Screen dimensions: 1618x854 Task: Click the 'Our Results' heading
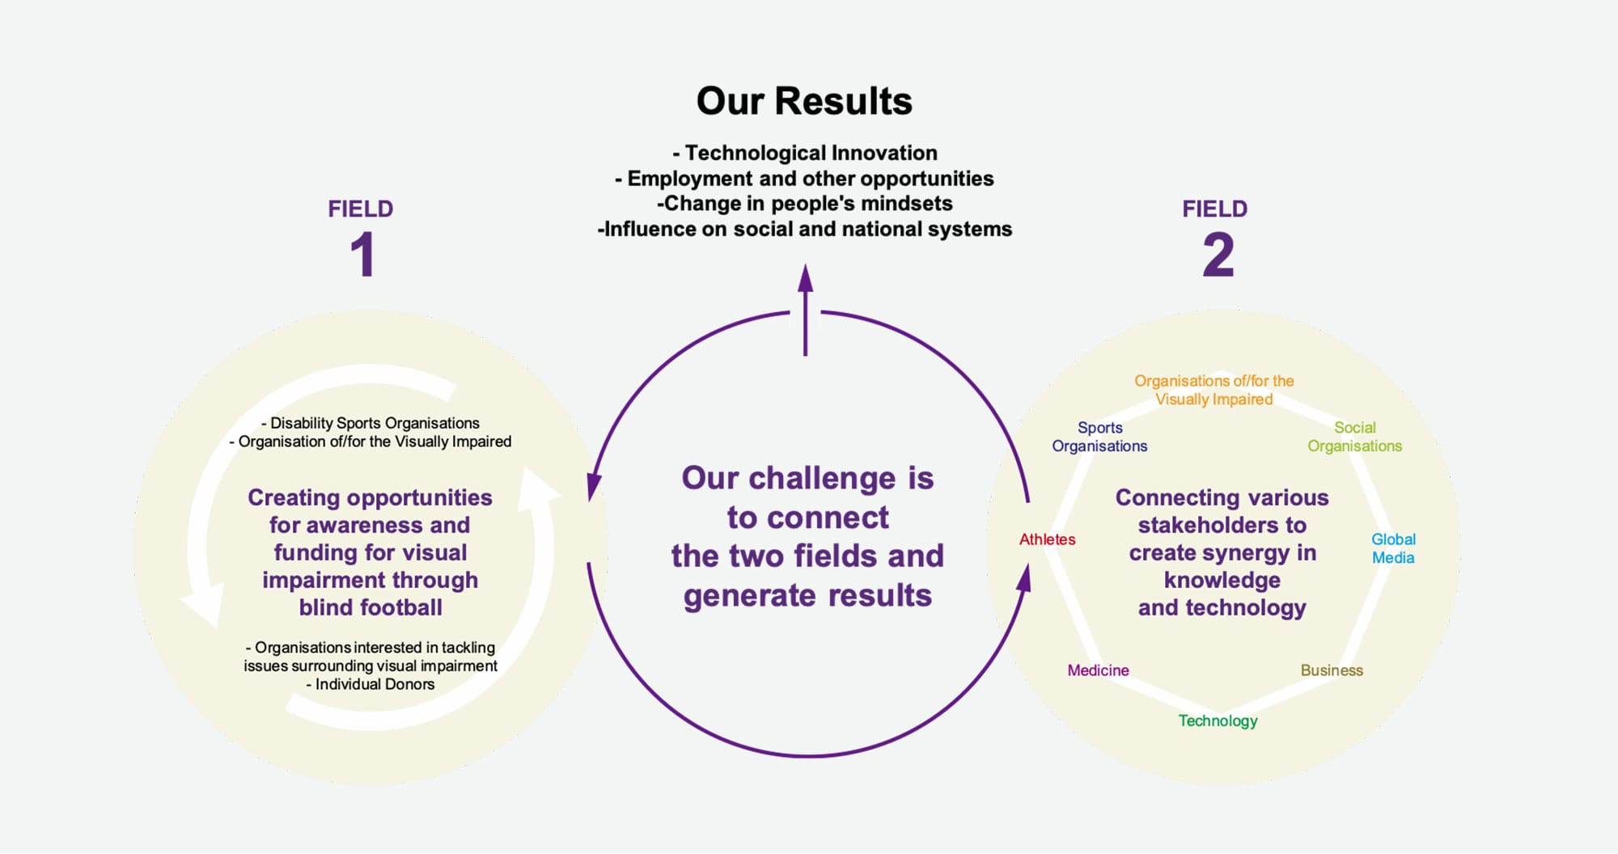pyautogui.click(x=804, y=101)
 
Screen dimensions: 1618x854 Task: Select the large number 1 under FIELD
pyautogui.click(x=362, y=255)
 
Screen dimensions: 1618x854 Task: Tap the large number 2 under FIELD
pyautogui.click(x=1218, y=255)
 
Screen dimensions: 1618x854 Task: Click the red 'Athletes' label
pyautogui.click(x=1047, y=539)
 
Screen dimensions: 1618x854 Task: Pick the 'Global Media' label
pyautogui.click(x=1393, y=548)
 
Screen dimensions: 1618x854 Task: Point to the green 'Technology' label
pyautogui.click(x=1218, y=721)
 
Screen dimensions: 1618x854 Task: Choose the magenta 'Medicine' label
pyautogui.click(x=1098, y=670)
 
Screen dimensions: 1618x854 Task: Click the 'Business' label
pyautogui.click(x=1332, y=670)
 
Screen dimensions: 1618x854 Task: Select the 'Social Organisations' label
pyautogui.click(x=1355, y=437)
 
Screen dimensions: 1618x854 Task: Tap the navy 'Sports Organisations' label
pyautogui.click(x=1099, y=437)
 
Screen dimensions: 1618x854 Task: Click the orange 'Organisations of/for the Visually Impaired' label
pyautogui.click(x=1214, y=390)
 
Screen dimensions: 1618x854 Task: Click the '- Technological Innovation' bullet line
pyautogui.click(x=805, y=153)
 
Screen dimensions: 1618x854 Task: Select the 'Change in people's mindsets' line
pyautogui.click(x=805, y=203)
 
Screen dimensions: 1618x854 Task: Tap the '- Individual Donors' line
pyautogui.click(x=371, y=684)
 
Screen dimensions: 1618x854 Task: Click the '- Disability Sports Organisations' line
pyautogui.click(x=371, y=423)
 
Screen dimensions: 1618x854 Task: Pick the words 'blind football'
pyautogui.click(x=371, y=607)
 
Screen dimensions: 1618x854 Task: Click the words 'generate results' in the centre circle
pyautogui.click(x=807, y=596)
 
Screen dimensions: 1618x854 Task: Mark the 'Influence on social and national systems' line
pyautogui.click(x=805, y=229)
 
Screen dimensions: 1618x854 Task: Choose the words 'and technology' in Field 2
pyautogui.click(x=1222, y=607)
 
